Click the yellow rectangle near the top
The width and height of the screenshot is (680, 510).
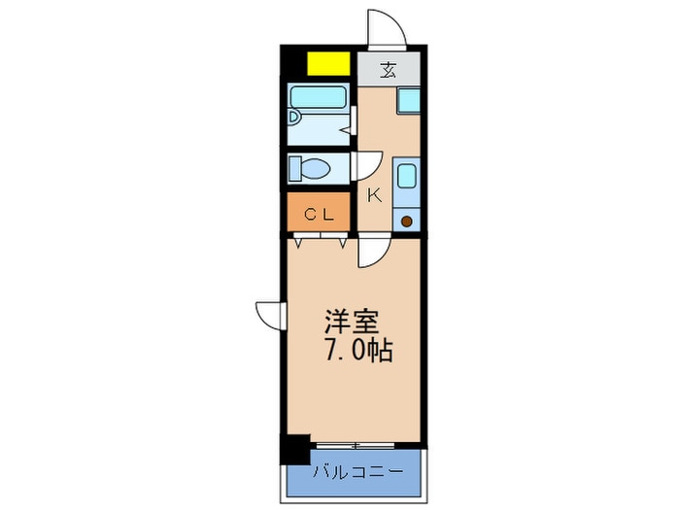click(328, 63)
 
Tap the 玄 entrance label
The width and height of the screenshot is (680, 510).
click(389, 70)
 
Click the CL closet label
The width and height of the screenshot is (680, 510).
click(320, 216)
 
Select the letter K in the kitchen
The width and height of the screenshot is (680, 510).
click(374, 195)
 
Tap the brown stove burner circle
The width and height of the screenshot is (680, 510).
click(407, 221)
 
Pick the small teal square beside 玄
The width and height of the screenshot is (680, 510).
click(408, 100)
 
